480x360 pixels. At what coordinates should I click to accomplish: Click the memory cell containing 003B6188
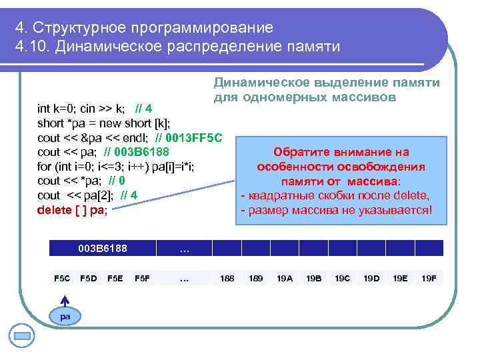click(x=103, y=249)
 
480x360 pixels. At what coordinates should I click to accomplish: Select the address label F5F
click(x=142, y=278)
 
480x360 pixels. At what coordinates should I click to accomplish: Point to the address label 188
click(x=227, y=278)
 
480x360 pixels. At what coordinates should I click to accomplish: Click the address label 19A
click(x=285, y=278)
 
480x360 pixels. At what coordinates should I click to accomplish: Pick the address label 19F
click(x=429, y=278)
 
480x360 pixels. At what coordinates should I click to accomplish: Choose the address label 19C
click(x=342, y=278)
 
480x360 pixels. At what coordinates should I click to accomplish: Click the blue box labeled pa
click(x=65, y=316)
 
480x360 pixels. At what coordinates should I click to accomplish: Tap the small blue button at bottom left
click(x=23, y=334)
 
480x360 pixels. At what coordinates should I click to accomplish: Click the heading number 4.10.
click(x=27, y=47)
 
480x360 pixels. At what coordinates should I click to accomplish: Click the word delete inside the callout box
click(x=411, y=195)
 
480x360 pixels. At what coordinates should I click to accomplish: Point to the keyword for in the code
click(x=44, y=166)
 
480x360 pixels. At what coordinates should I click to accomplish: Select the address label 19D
click(x=371, y=278)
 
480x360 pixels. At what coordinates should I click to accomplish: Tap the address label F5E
click(x=115, y=278)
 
